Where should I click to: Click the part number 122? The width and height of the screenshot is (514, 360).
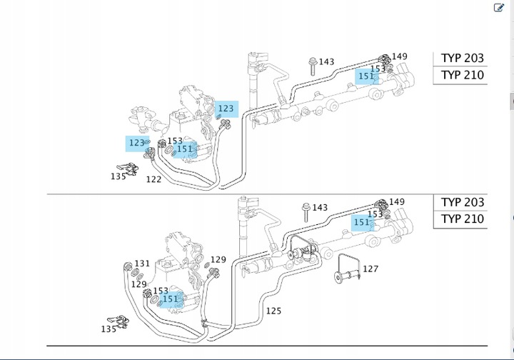(153, 179)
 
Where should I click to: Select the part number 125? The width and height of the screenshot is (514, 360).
(273, 311)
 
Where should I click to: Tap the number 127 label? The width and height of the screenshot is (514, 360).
(371, 269)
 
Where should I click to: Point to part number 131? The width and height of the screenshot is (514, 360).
(142, 264)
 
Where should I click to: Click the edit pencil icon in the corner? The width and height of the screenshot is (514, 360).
(499, 8)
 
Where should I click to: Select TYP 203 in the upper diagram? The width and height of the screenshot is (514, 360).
(462, 58)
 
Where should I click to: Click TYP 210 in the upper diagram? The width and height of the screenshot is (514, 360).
(462, 75)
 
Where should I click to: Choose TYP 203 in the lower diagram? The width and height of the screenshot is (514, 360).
(462, 202)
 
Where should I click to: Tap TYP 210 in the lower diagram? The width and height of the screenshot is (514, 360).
(462, 219)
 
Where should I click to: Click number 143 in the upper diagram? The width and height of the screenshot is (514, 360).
(326, 62)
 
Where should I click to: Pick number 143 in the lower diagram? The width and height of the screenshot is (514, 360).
(320, 208)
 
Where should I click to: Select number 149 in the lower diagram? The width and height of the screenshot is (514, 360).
(397, 202)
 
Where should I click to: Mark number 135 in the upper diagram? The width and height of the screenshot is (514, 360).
(119, 176)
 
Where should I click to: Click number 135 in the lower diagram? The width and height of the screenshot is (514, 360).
(109, 329)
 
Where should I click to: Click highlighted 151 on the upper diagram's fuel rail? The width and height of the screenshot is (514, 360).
(366, 76)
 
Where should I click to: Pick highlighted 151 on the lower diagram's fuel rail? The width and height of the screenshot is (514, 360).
(362, 222)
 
